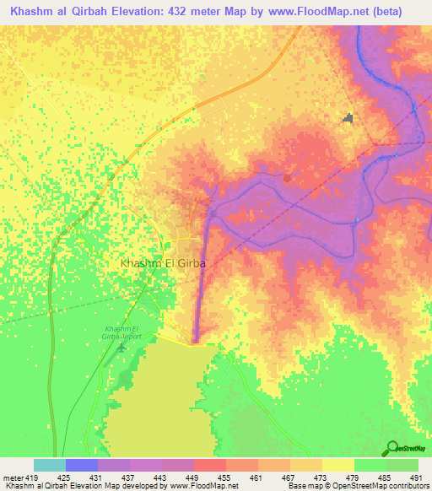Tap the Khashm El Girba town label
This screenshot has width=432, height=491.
click(164, 263)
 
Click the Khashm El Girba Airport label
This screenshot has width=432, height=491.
click(126, 332)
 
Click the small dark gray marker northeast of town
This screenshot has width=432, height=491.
click(348, 118)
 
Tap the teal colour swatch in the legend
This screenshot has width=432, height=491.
click(50, 465)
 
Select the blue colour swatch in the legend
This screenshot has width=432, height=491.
click(82, 465)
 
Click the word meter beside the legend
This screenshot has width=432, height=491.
click(13, 478)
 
